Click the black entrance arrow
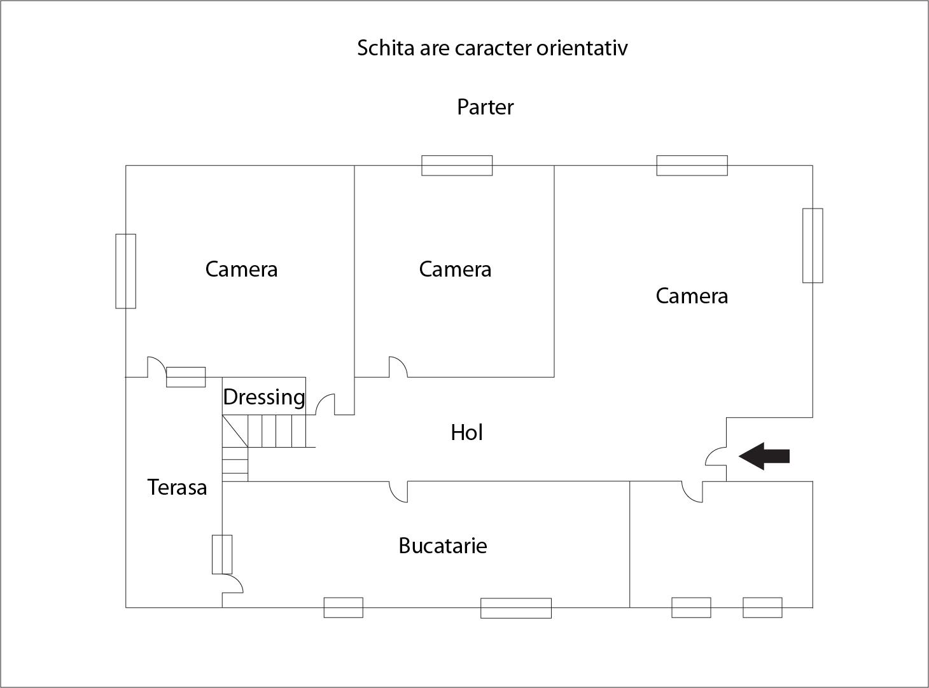point(764,456)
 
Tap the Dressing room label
point(264,397)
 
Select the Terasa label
point(177,487)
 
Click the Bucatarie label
point(443,546)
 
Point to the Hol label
point(467,432)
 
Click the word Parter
point(485,107)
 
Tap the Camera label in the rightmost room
point(692,296)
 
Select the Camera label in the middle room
point(455,269)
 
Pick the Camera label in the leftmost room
point(241,269)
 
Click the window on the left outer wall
point(125,271)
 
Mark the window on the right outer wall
point(813,245)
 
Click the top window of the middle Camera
point(457,165)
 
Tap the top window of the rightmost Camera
point(692,165)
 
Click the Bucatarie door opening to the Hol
point(398,492)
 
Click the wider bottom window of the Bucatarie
point(515,608)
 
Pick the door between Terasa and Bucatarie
point(232,583)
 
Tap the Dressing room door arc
point(325,404)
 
